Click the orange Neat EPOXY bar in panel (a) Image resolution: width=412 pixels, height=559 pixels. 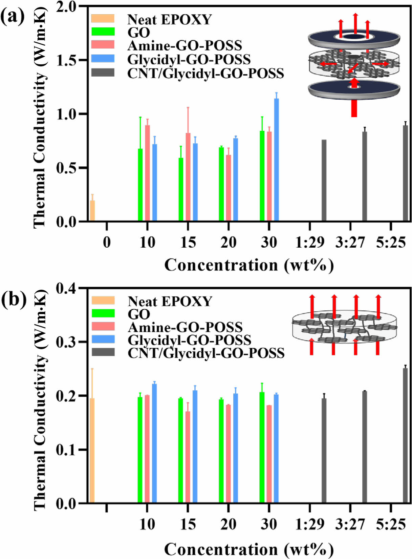pos(92,211)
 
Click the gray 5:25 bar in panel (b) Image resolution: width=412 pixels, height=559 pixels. pos(405,435)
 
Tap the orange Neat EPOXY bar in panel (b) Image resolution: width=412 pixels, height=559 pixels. pos(92,451)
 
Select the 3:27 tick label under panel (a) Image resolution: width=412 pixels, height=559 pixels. pos(350,243)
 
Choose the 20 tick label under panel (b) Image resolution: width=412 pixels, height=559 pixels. pos(228,524)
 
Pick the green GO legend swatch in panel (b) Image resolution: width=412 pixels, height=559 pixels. pos(103,314)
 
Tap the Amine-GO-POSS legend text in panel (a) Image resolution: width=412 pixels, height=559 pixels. pos(185,45)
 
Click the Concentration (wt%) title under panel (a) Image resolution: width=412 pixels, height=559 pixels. pos(249,265)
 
